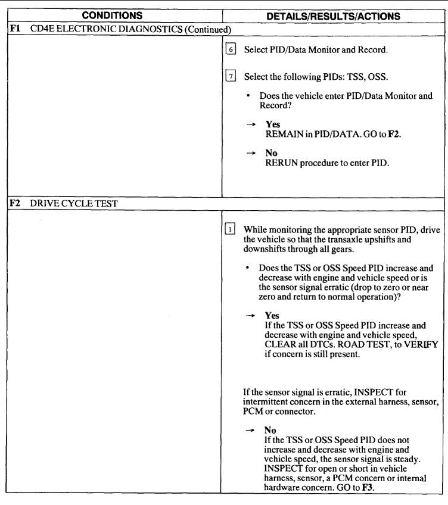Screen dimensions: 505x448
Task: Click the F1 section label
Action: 10,28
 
